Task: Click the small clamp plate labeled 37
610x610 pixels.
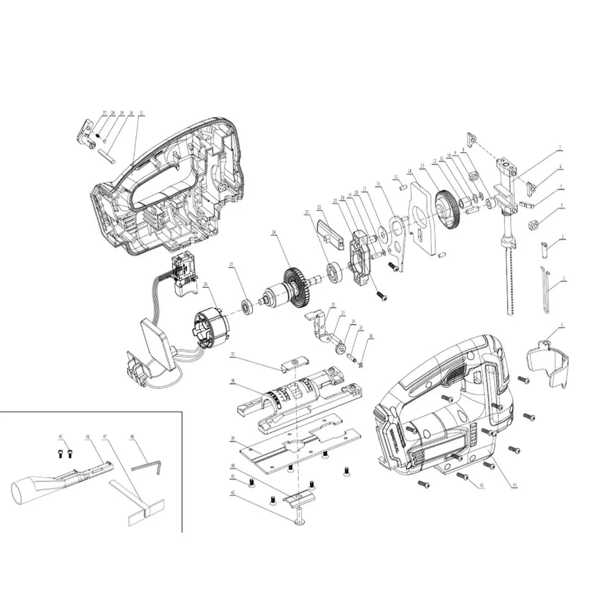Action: [291, 365]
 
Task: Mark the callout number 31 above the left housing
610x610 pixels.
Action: [142, 113]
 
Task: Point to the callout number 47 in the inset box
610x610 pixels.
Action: [105, 437]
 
